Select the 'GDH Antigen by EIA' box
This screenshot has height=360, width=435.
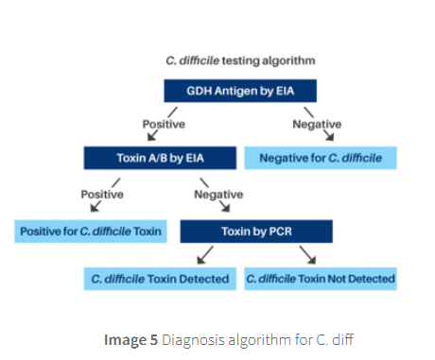pos(238,91)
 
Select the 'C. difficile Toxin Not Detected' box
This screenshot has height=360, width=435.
pos(321,279)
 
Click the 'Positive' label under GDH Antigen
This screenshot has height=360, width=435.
pos(164,124)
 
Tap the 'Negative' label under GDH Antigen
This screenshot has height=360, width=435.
pos(317,124)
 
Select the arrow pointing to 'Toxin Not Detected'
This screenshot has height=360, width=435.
pos(306,255)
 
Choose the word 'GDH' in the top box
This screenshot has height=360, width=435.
pos(188,91)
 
